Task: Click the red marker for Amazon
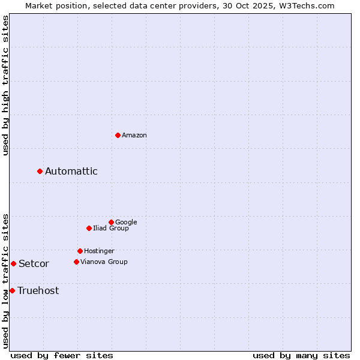point(118,135)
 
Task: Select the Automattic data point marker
point(40,172)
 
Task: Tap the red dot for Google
point(111,222)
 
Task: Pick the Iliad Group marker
point(89,228)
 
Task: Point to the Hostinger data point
point(80,251)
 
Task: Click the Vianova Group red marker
point(76,262)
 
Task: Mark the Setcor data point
point(13,263)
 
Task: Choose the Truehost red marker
point(12,290)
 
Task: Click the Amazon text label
point(134,136)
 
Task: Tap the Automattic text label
point(71,172)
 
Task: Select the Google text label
point(126,223)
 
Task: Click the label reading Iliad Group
point(111,229)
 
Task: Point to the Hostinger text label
point(99,251)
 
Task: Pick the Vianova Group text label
point(104,262)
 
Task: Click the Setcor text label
point(34,264)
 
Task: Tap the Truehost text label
point(38,291)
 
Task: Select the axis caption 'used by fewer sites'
point(62,356)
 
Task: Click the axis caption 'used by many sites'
point(301,356)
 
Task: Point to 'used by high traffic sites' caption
point(6,85)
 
